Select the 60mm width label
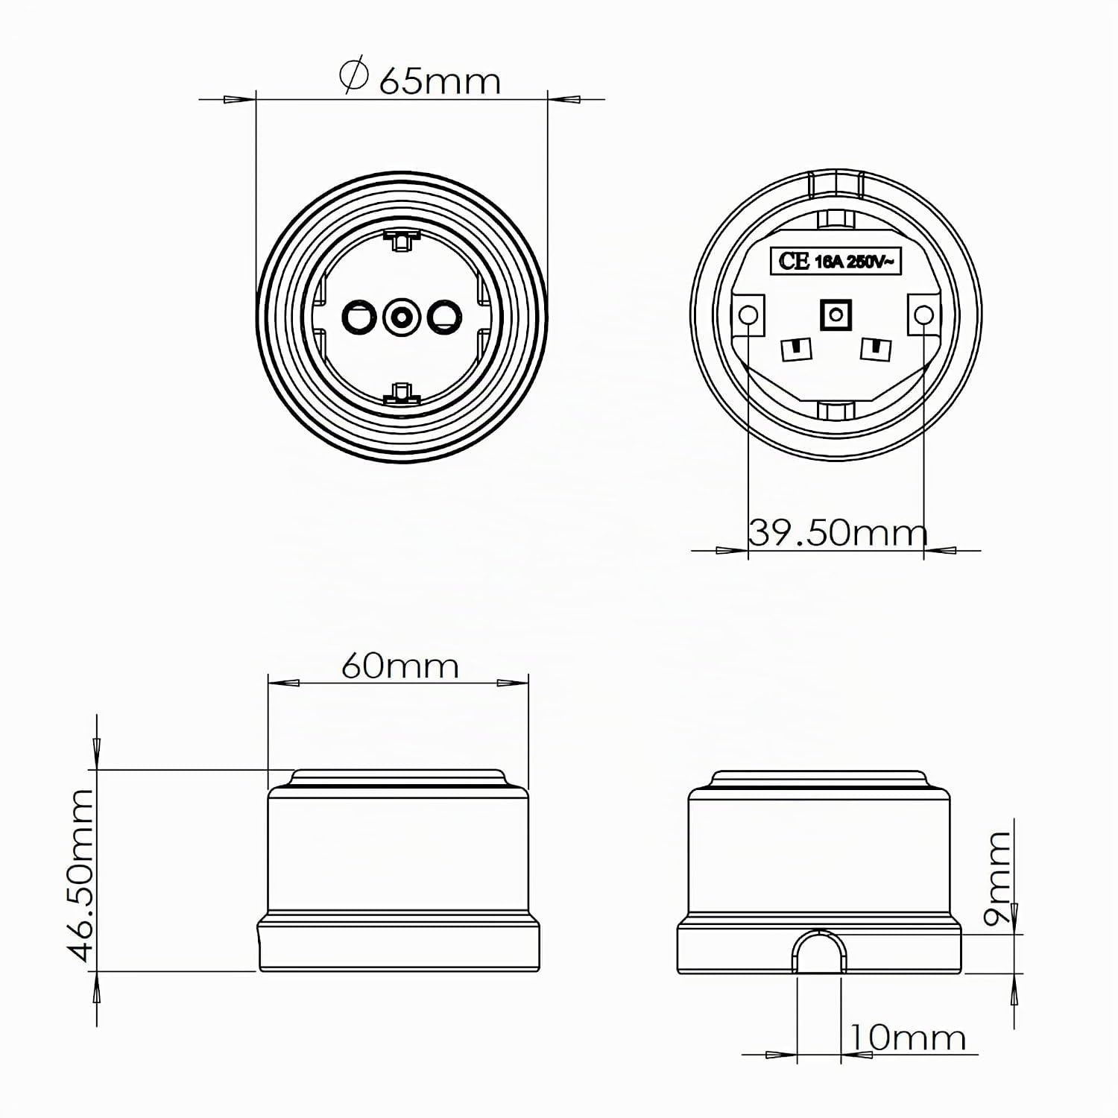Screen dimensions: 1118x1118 [400, 666]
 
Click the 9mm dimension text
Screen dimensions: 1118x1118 [997, 878]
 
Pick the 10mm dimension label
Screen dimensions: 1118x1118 [907, 1037]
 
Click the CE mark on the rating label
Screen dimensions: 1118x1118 [794, 261]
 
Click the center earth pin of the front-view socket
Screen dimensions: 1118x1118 [401, 318]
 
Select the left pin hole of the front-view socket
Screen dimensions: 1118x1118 [359, 318]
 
